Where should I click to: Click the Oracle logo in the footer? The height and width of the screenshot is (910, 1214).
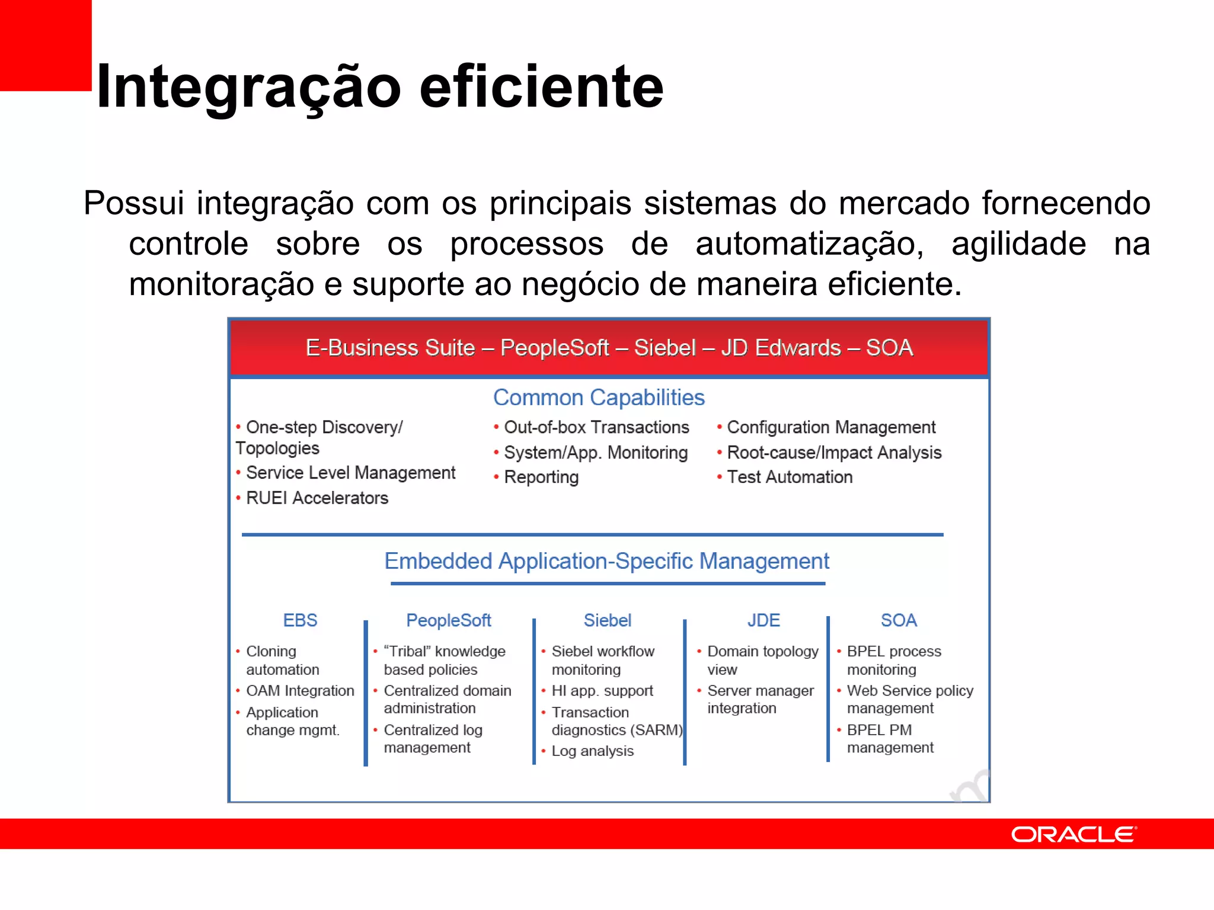(x=1073, y=834)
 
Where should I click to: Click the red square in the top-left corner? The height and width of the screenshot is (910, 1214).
(x=45, y=44)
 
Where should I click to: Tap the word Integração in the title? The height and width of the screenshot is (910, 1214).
(x=249, y=88)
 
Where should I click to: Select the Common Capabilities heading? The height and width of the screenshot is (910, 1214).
(x=599, y=398)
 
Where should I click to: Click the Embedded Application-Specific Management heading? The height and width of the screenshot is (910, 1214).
(x=606, y=561)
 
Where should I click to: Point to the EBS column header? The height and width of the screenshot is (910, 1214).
(x=300, y=620)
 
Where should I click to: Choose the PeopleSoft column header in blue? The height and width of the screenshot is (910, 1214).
(x=449, y=620)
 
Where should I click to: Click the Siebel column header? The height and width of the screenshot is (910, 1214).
(x=608, y=620)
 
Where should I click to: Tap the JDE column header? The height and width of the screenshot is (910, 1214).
(x=763, y=620)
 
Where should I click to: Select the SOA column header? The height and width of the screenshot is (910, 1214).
(x=899, y=620)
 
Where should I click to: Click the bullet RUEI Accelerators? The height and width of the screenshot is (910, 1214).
(x=317, y=498)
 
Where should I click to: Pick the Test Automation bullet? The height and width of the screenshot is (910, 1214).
(x=789, y=477)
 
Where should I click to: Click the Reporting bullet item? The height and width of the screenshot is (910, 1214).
(x=541, y=477)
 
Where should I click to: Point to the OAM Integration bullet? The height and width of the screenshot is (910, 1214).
(x=299, y=691)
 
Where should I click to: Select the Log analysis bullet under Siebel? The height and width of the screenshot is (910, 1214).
(x=592, y=751)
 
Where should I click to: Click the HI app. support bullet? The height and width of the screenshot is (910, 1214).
(x=602, y=691)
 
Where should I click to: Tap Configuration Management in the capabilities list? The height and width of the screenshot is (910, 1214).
(x=830, y=427)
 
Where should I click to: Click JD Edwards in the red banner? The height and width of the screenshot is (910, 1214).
(x=781, y=348)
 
